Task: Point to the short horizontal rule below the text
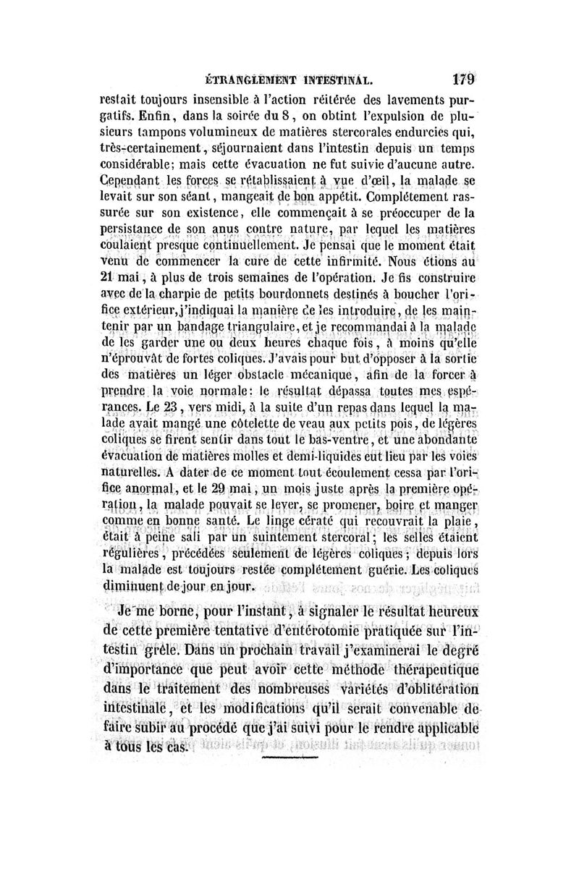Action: click(289, 757)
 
